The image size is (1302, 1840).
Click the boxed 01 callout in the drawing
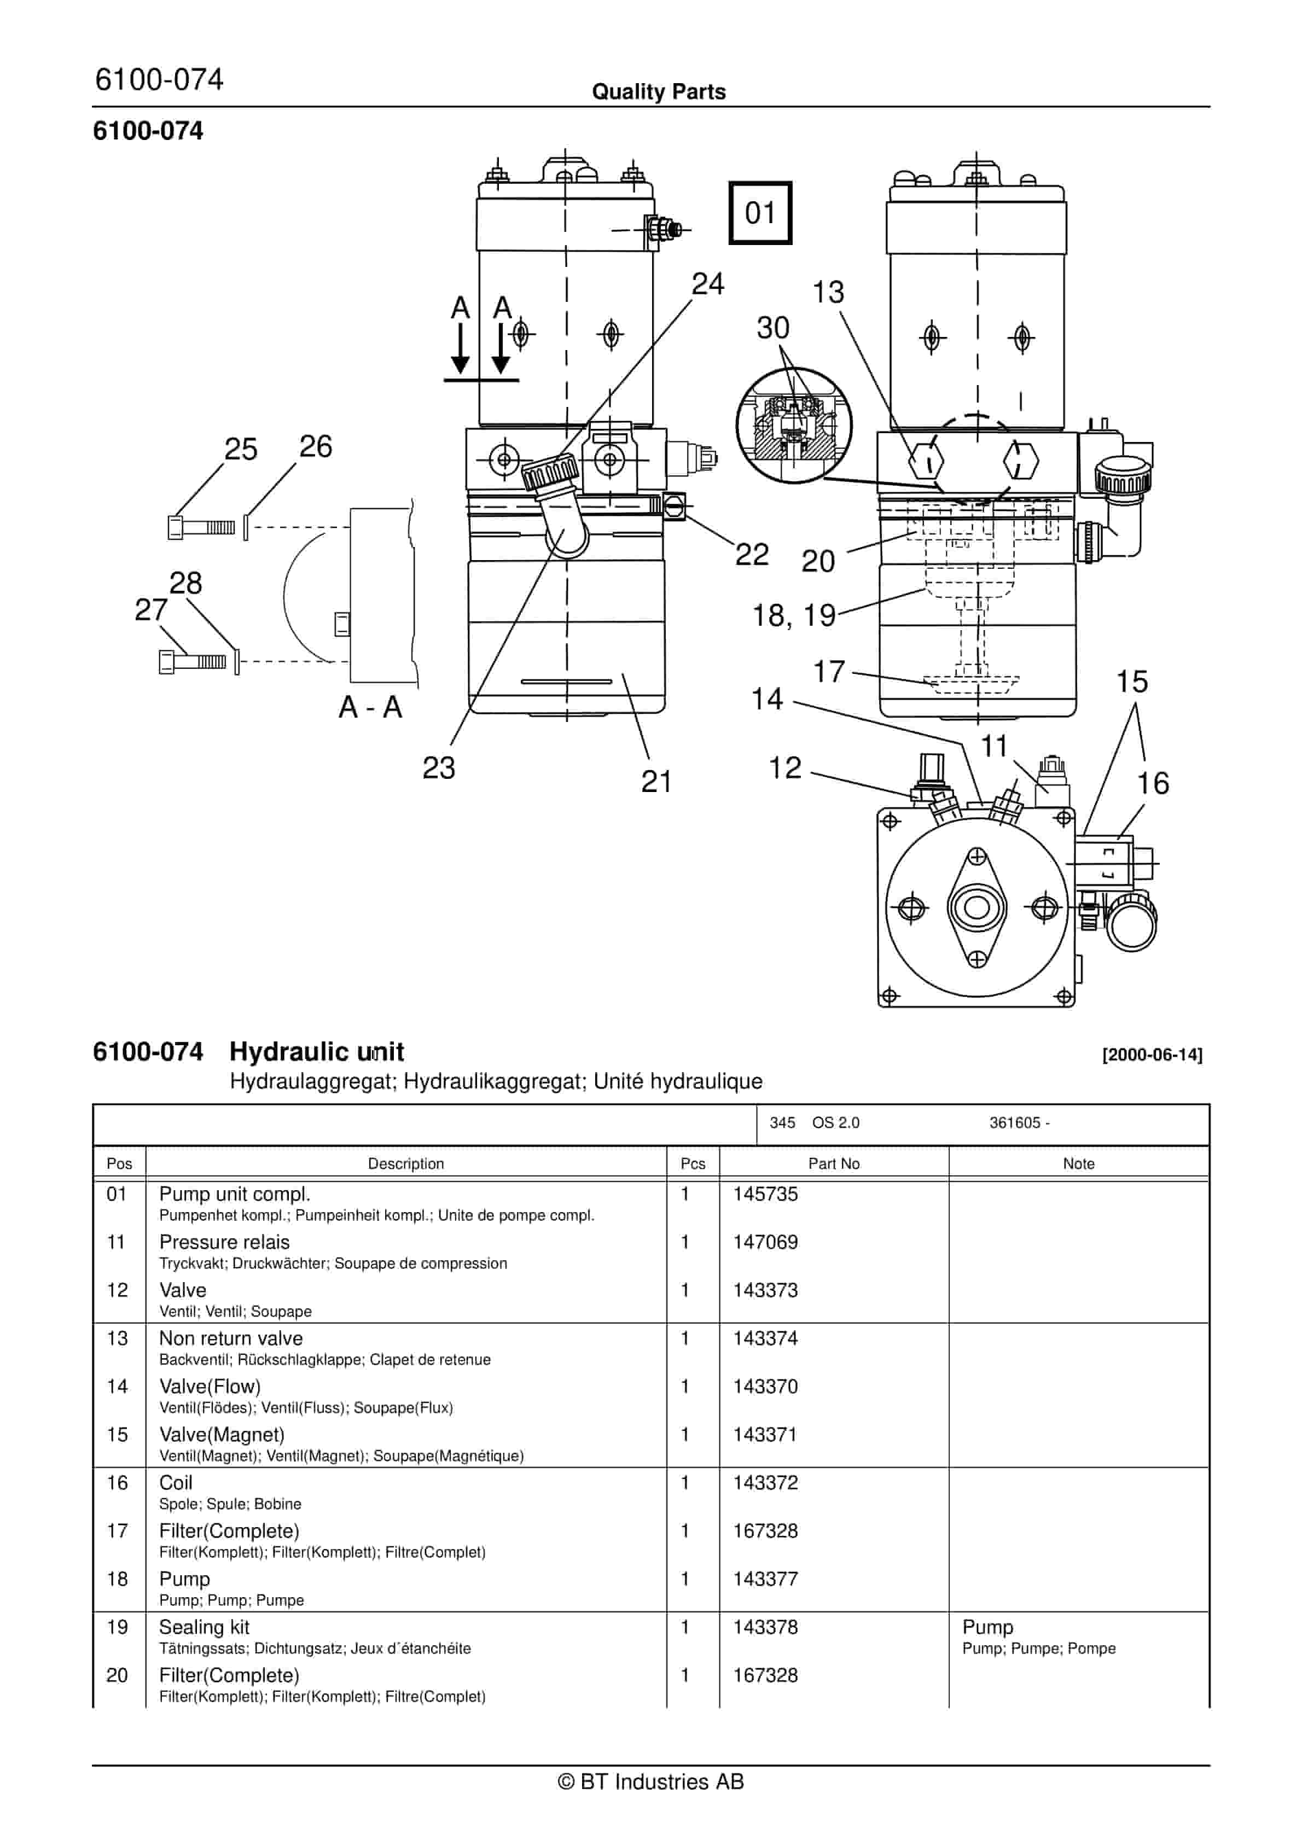[x=759, y=213]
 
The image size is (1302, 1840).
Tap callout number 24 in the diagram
[x=707, y=284]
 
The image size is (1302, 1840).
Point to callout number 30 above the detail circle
[x=773, y=328]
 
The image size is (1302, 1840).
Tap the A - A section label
[x=370, y=707]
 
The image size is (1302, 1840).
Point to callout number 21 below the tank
[x=656, y=782]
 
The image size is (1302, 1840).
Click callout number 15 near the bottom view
[x=1131, y=682]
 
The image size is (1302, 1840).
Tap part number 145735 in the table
[x=765, y=1194]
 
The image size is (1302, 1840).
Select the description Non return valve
[x=231, y=1338]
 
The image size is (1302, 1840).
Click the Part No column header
[x=833, y=1163]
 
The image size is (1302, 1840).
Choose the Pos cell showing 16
[x=117, y=1483]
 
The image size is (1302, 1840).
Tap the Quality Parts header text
[x=658, y=92]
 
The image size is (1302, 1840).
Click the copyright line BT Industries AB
[x=650, y=1781]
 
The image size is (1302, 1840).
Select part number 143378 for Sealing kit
[x=765, y=1627]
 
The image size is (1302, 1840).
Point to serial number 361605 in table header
[x=1018, y=1123]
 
